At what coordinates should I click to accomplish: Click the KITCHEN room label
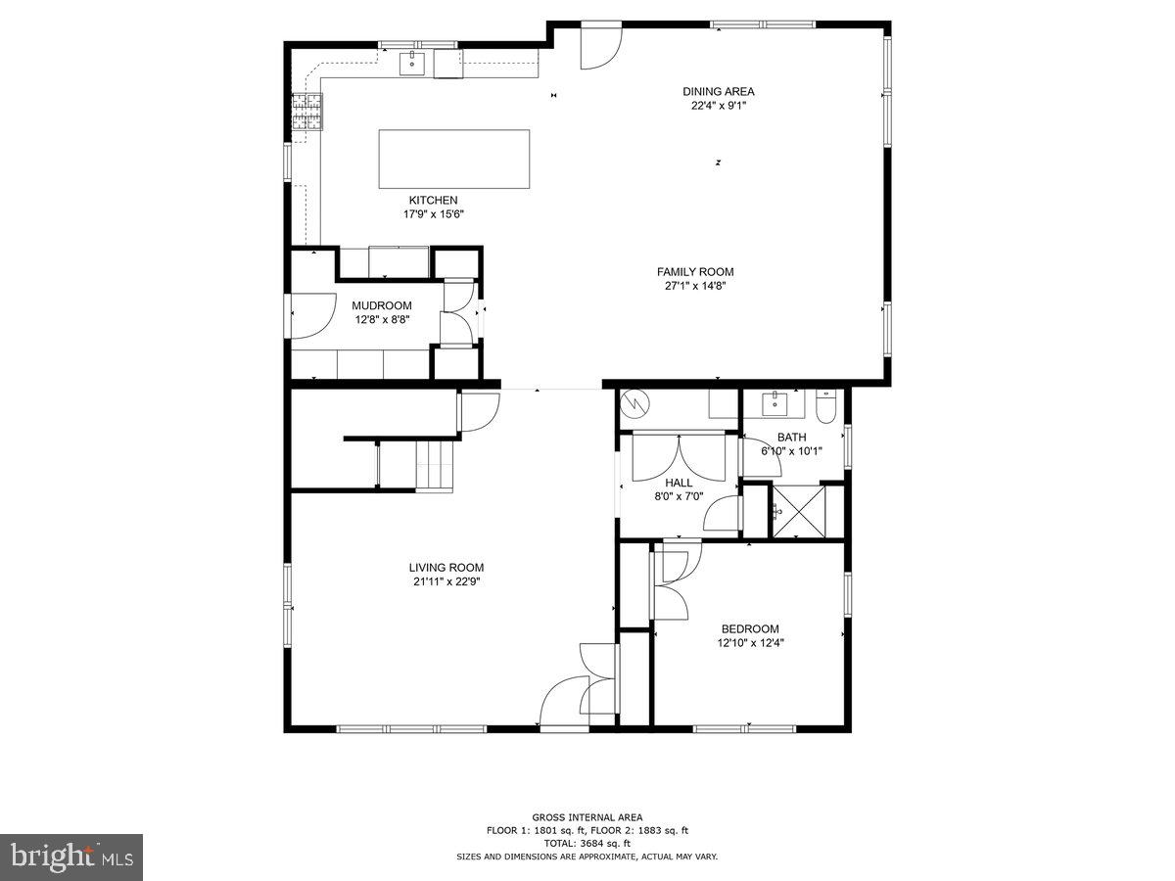point(433,201)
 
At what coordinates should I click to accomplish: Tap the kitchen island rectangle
point(454,159)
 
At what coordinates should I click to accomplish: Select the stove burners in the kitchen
point(306,112)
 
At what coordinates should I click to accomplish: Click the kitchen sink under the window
point(412,65)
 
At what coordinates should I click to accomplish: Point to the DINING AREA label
point(718,92)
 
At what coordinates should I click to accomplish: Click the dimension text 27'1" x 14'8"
point(694,287)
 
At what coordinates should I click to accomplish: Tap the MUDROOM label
point(382,305)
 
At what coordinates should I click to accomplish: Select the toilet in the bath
point(825,406)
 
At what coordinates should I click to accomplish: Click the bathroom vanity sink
point(775,403)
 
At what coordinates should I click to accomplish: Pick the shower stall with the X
point(800,511)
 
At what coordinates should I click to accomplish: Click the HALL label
point(679,483)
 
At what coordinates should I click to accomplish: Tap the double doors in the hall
point(678,455)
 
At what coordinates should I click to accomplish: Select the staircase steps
point(436,464)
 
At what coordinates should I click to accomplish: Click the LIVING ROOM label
point(446,568)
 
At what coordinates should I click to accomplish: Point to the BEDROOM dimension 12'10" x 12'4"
point(751,643)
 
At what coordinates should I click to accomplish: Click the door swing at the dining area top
point(599,47)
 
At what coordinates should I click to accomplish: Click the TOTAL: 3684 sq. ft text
point(587,843)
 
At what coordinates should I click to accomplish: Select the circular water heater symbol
point(634,401)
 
